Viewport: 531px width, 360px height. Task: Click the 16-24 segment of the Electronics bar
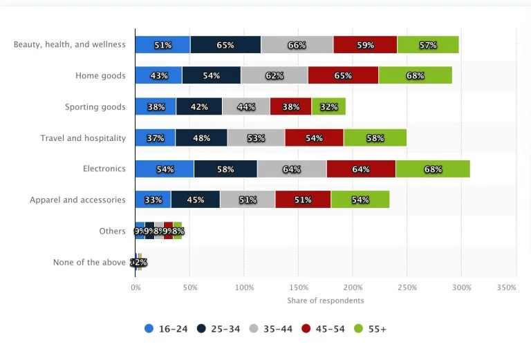coord(165,169)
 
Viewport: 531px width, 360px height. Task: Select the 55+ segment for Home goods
coord(415,75)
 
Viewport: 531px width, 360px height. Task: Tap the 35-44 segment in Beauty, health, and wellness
coord(297,45)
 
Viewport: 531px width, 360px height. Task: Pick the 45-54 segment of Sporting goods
coord(290,106)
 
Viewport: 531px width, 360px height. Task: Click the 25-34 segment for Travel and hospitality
coord(201,138)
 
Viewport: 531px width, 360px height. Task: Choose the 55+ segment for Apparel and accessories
coord(360,200)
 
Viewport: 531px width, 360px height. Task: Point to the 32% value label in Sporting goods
coord(328,107)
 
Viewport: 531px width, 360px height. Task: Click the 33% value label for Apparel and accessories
coord(153,200)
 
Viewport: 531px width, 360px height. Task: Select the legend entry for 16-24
coord(167,329)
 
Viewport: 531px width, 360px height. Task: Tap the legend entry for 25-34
coord(218,329)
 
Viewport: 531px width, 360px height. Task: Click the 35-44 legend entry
coord(270,329)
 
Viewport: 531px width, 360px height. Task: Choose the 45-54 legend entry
coord(322,329)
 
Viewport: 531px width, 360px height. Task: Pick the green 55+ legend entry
coord(370,329)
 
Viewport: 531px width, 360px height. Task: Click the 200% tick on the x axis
coord(353,287)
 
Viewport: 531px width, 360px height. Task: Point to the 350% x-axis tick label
coord(506,287)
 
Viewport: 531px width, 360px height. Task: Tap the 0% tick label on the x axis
coord(136,287)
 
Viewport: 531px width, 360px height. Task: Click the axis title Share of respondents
coord(325,301)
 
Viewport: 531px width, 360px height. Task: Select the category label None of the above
coord(89,263)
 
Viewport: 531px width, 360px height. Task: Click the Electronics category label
coord(104,169)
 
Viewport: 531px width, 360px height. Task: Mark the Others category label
coord(112,231)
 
